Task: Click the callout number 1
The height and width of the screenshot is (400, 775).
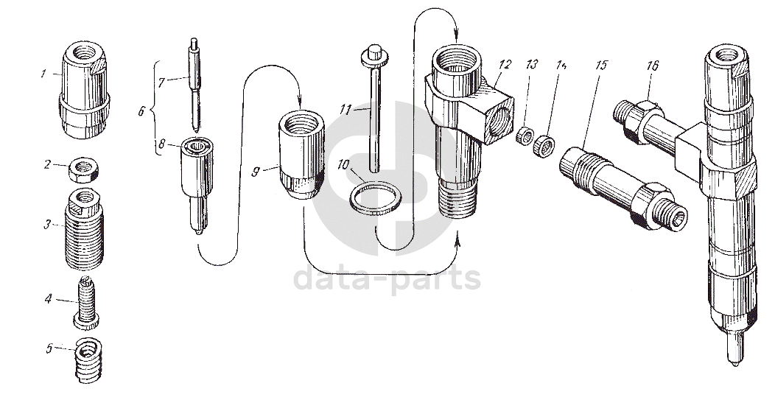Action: click(44, 74)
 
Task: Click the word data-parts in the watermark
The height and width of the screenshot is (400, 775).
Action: click(387, 278)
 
